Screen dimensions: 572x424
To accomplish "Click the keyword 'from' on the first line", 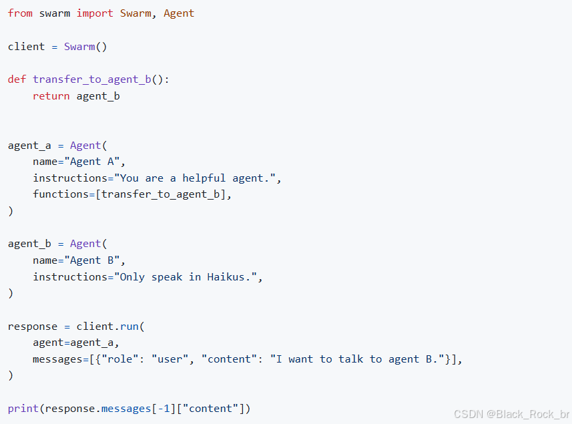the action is [x=20, y=13].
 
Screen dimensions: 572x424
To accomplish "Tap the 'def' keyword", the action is [x=17, y=79].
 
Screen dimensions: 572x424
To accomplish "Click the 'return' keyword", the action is [x=51, y=96].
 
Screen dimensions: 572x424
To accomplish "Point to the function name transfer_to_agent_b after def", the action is [x=91, y=79].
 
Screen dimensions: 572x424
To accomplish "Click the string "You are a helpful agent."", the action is [x=198, y=178].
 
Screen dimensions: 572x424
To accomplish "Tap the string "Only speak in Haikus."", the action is [x=188, y=277].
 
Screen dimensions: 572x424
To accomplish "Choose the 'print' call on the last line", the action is [x=23, y=408].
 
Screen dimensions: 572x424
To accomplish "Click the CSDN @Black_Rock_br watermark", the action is [x=511, y=414].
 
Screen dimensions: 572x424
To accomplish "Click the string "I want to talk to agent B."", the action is [x=357, y=359].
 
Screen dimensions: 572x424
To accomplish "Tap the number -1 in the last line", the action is [x=166, y=408].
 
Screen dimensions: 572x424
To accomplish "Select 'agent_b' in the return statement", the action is [x=98, y=96].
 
